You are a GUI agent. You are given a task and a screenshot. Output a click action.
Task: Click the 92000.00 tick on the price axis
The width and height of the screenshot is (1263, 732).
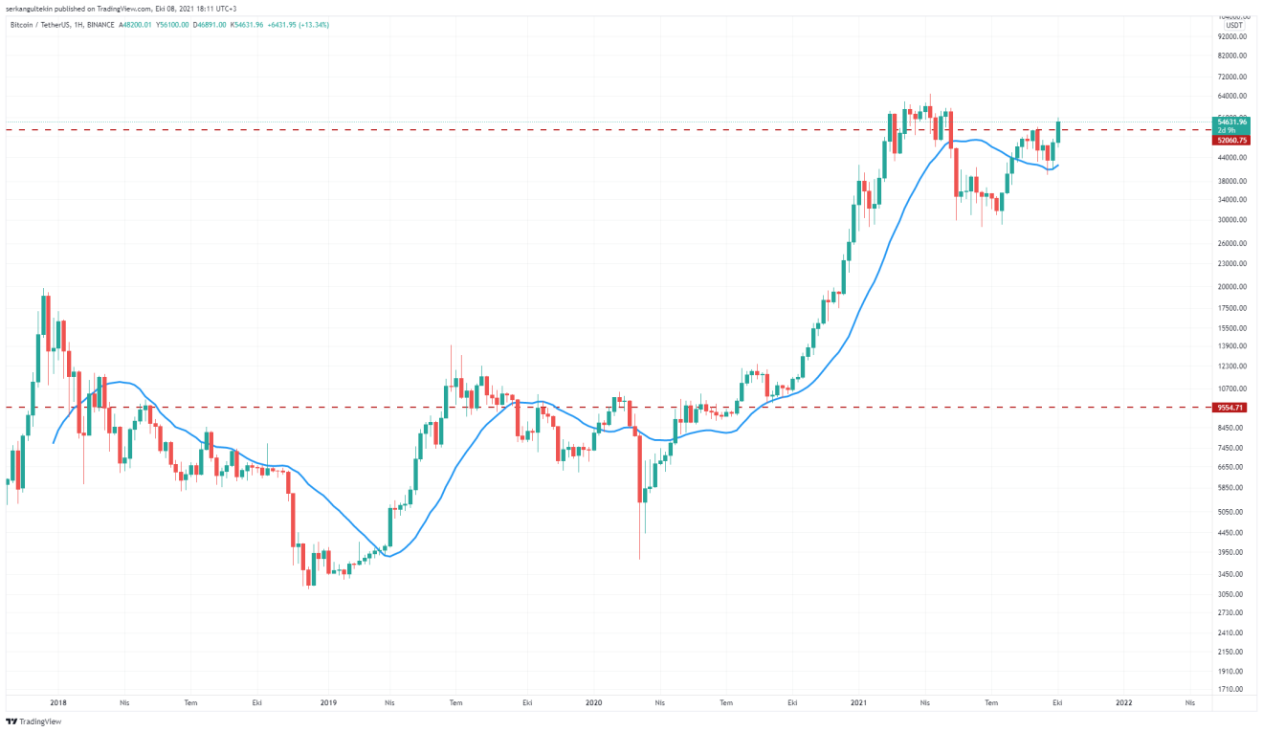[x=1230, y=36]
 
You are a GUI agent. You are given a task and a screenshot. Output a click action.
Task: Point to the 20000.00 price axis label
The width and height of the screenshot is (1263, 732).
[x=1230, y=287]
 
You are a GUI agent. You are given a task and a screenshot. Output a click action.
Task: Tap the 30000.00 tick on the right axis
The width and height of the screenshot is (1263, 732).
[x=1230, y=220]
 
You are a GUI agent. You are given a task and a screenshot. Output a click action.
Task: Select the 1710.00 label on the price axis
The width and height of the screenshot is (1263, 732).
[x=1230, y=689]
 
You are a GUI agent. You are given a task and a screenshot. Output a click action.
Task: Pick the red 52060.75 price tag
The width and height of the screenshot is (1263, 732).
[x=1231, y=140]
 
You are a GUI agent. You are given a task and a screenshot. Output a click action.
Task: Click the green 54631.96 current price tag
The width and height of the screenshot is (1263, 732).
[x=1231, y=122]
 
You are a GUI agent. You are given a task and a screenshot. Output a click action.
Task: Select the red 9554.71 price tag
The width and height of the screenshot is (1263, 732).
[x=1230, y=408]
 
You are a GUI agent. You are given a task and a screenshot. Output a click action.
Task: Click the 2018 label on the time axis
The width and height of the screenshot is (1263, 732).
[x=58, y=702]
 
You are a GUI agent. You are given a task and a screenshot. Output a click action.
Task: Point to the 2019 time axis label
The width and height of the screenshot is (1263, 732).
[x=328, y=702]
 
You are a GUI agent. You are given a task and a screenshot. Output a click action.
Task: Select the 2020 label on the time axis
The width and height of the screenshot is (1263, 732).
[x=593, y=702]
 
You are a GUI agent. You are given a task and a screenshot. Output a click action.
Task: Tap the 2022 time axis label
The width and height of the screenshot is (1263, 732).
[x=1124, y=702]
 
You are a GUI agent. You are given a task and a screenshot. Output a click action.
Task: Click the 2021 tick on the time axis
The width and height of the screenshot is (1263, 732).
[x=858, y=702]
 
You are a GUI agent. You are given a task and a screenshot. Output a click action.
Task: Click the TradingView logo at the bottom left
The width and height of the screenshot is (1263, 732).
[x=33, y=721]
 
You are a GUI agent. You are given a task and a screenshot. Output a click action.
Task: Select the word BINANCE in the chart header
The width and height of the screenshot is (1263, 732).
[x=100, y=24]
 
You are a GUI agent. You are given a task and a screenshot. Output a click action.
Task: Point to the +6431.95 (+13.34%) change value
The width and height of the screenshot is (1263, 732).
[x=299, y=24]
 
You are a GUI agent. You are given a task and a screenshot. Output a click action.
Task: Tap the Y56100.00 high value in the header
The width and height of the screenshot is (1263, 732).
[x=169, y=24]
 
